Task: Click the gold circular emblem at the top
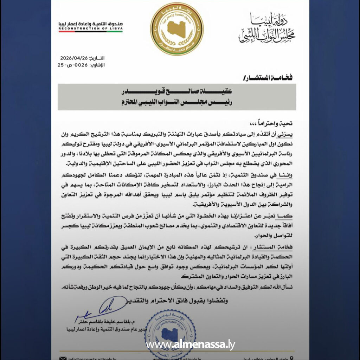(177, 28)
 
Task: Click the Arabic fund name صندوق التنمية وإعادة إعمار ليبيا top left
(90, 24)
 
